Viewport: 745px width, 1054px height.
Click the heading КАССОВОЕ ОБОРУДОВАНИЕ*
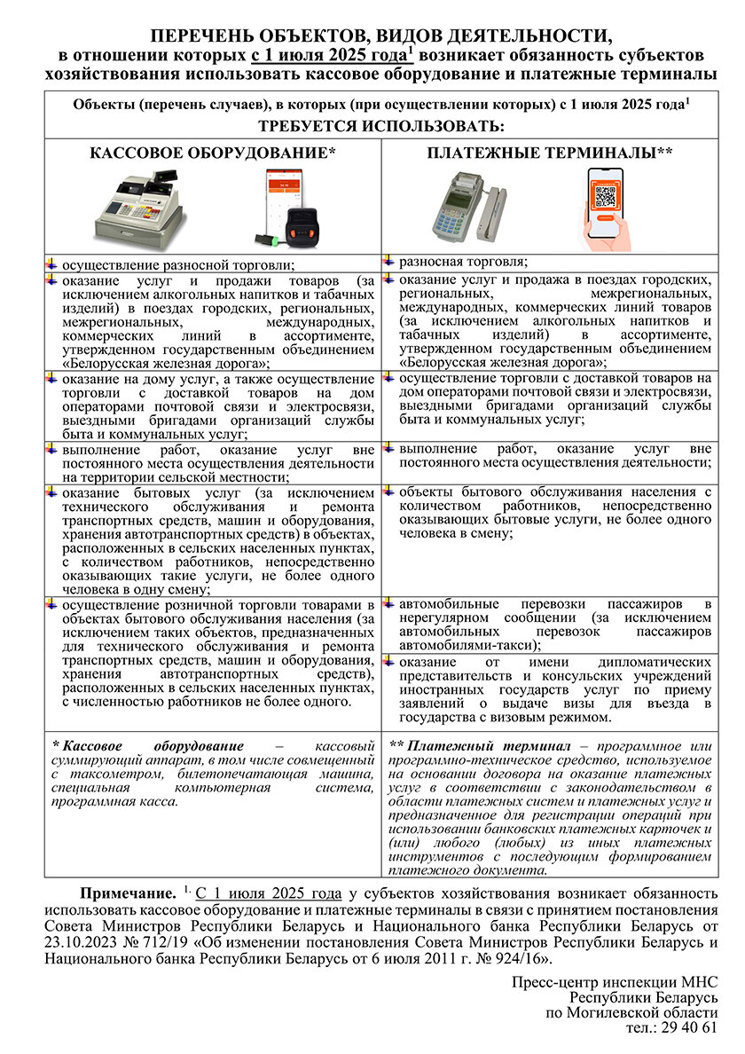tap(213, 153)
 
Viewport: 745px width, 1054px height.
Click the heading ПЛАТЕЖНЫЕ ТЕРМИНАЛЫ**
tap(550, 153)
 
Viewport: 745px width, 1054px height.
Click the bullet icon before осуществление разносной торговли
tap(51, 263)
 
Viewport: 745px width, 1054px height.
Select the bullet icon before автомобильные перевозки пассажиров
tap(388, 603)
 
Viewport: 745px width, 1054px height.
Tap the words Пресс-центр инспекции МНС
tap(615, 982)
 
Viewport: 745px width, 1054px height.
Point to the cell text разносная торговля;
tap(463, 262)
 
